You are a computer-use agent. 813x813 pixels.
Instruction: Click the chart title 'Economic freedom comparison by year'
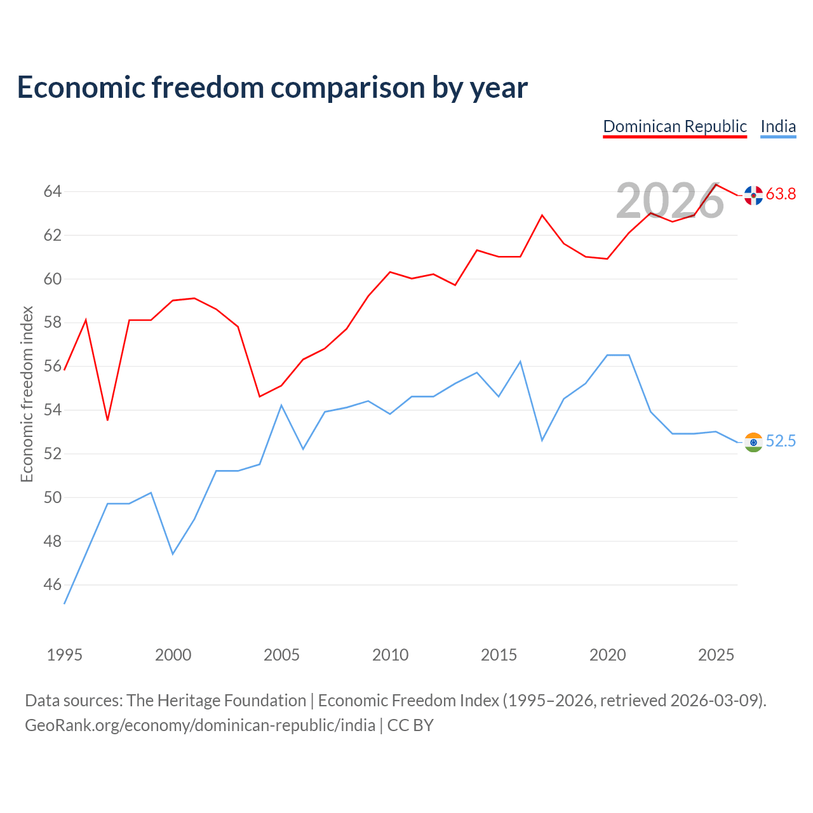(x=272, y=87)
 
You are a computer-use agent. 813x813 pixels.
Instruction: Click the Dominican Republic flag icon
(x=753, y=195)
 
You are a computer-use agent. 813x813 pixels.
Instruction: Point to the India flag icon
(x=753, y=441)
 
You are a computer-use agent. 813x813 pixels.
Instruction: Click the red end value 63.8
(x=781, y=194)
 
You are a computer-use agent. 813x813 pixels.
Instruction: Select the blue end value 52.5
(x=781, y=441)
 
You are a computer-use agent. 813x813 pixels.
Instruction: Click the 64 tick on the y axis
(x=53, y=192)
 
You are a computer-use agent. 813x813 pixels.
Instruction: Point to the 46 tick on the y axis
(x=53, y=585)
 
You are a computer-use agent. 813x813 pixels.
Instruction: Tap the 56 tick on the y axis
(x=53, y=366)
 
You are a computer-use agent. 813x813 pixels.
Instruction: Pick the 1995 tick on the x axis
(x=65, y=655)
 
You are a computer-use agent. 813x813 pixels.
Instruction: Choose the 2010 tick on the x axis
(x=390, y=655)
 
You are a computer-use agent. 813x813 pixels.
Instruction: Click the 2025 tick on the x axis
(x=716, y=655)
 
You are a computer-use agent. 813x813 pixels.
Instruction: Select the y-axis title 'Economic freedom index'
(x=27, y=394)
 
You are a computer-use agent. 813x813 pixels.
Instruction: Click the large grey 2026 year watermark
(x=670, y=201)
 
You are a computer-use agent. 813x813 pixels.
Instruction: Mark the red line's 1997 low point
(x=107, y=420)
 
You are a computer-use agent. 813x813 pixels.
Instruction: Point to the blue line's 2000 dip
(x=173, y=553)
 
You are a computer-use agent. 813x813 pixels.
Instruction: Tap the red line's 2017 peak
(x=542, y=215)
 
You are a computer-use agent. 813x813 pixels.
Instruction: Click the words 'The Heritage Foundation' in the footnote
(x=217, y=701)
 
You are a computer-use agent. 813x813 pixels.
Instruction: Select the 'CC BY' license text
(x=410, y=725)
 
